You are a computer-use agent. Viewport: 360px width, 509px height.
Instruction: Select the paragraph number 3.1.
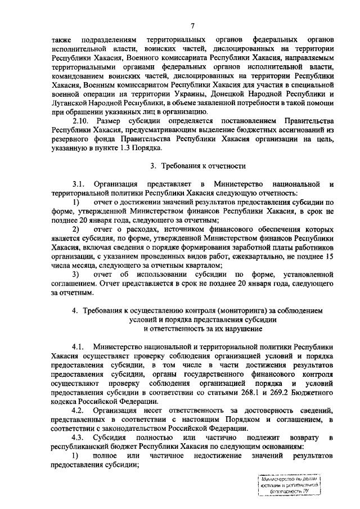coord(78,185)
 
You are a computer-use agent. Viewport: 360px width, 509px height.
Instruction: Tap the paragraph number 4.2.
coord(78,411)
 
